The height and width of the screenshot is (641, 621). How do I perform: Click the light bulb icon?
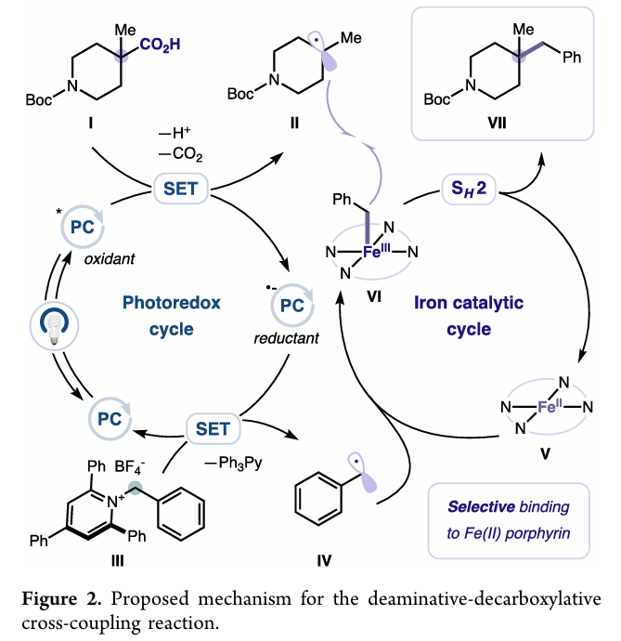pos(55,326)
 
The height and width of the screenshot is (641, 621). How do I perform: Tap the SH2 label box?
pos(469,189)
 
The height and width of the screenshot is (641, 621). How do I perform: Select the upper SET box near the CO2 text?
pos(181,189)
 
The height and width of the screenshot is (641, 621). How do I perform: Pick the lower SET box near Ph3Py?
pos(213,429)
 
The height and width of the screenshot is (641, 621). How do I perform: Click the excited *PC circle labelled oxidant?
pos(82,227)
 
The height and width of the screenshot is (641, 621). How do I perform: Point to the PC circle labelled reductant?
pos(292,306)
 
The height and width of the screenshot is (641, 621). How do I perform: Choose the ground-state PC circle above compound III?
pos(110,419)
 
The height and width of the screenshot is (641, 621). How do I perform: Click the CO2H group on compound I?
pos(160,45)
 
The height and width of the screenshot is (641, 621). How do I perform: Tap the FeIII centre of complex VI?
pos(376,251)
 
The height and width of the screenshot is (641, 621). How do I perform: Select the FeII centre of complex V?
pos(550,406)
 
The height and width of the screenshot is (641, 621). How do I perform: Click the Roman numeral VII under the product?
pos(497,123)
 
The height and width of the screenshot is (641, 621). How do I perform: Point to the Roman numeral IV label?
pos(324,560)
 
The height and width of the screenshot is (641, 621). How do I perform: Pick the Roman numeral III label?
pos(117,560)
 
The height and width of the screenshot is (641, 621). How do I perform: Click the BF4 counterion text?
pos(130,467)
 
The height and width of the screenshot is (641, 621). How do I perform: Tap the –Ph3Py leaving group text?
pos(233,464)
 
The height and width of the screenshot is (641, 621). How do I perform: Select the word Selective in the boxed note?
pos(477,507)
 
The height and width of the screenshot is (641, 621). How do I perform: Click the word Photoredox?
pos(172,303)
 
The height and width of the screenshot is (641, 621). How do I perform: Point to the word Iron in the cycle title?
pos(429,303)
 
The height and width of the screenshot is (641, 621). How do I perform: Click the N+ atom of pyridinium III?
pos(116,501)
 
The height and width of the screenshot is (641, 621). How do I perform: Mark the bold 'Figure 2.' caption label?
pos(61,599)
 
